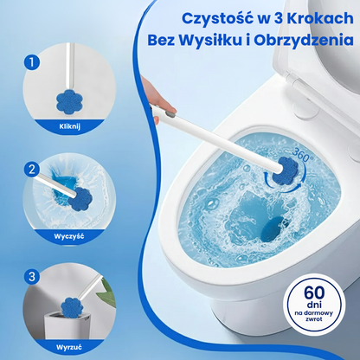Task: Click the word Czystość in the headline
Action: pyautogui.click(x=216, y=19)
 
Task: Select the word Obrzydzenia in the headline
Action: pyautogui.click(x=304, y=40)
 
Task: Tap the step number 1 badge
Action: pyautogui.click(x=32, y=61)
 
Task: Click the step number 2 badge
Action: pyautogui.click(x=32, y=170)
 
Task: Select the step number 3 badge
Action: pyautogui.click(x=32, y=277)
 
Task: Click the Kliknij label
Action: pyautogui.click(x=69, y=126)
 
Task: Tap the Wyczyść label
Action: pyautogui.click(x=69, y=236)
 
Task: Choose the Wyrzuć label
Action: pyautogui.click(x=69, y=347)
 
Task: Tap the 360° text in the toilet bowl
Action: pyautogui.click(x=303, y=155)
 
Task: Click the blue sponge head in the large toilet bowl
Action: pyautogui.click(x=285, y=170)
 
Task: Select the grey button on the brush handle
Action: pyautogui.click(x=170, y=114)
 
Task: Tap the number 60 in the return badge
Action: pyautogui.click(x=314, y=292)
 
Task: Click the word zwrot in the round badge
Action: pyautogui.click(x=313, y=319)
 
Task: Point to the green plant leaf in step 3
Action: pyautogui.click(x=109, y=292)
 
